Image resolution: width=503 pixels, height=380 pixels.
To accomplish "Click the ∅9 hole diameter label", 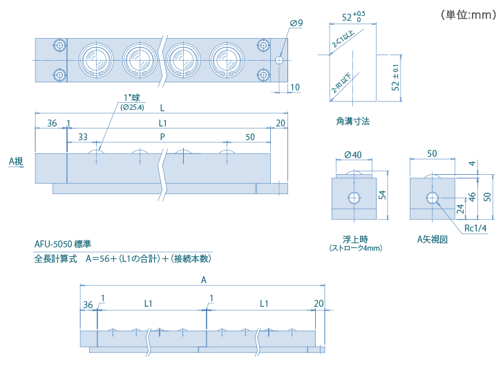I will [x=296, y=23].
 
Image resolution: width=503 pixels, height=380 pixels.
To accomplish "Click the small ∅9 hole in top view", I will [x=279, y=60].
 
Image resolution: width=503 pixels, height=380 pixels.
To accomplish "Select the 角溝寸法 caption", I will [x=352, y=122].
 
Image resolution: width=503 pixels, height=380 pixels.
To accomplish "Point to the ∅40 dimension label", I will [x=353, y=154].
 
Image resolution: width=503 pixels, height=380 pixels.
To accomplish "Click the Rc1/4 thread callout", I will [x=475, y=228].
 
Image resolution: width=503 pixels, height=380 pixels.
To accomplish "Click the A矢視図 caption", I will [x=433, y=240].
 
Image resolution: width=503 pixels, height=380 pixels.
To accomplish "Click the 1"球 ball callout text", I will [x=131, y=98].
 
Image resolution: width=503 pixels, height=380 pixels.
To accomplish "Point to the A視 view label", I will [x=16, y=161].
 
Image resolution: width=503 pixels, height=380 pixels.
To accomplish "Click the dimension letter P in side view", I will [x=162, y=137].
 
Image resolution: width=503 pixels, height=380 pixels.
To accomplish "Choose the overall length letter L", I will [x=162, y=108].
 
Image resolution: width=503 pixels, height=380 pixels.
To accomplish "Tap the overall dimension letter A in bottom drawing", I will [x=203, y=280].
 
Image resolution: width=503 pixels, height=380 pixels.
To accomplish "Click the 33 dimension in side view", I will [x=83, y=137].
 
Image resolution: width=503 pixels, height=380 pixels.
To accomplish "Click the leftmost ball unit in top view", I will [x=93, y=59].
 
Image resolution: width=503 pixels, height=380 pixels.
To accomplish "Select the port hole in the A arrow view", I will [x=433, y=199].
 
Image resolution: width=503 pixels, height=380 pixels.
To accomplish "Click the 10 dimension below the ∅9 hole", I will [x=295, y=87].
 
